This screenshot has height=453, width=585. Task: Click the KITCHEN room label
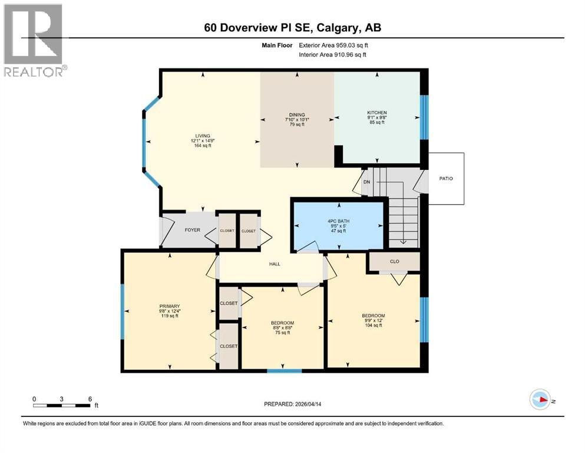click(376, 113)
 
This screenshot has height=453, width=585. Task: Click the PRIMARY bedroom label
click(170, 306)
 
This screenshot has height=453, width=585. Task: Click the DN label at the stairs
click(366, 182)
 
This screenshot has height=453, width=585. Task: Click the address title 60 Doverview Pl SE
click(293, 27)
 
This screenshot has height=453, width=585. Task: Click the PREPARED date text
click(296, 404)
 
